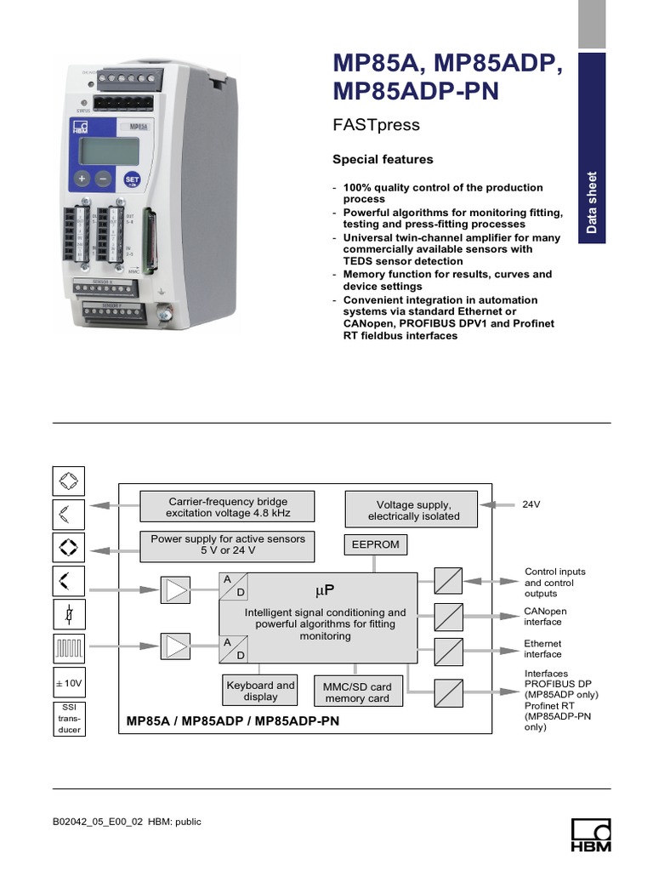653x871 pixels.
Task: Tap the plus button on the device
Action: click(x=82, y=179)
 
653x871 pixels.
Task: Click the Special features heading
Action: click(x=382, y=159)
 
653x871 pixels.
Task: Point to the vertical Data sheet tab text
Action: click(x=592, y=202)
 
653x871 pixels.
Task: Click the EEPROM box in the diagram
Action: click(x=375, y=544)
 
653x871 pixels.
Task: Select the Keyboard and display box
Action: click(x=260, y=691)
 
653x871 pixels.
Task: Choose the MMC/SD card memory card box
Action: click(x=357, y=692)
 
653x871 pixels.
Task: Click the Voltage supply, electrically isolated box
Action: click(x=413, y=510)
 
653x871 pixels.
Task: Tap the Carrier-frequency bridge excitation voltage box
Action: click(x=227, y=508)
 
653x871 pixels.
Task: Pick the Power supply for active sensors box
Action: click(x=227, y=544)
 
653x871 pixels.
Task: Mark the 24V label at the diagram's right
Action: click(x=531, y=504)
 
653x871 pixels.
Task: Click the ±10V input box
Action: click(x=68, y=683)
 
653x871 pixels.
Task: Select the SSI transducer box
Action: click(x=68, y=718)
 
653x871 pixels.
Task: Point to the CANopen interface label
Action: click(x=545, y=617)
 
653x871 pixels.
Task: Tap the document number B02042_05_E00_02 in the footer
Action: click(x=99, y=822)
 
